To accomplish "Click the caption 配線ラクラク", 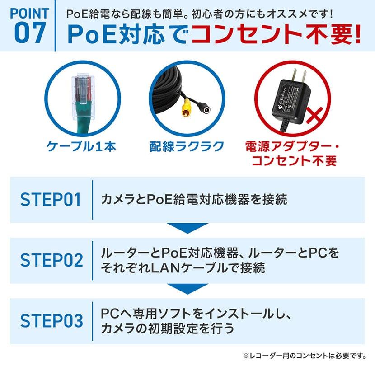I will pyautogui.click(x=187, y=146).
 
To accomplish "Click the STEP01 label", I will pyautogui.click(x=51, y=200).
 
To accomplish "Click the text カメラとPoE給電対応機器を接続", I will pyautogui.click(x=194, y=200).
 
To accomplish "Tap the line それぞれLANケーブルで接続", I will pyautogui.click(x=183, y=268).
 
